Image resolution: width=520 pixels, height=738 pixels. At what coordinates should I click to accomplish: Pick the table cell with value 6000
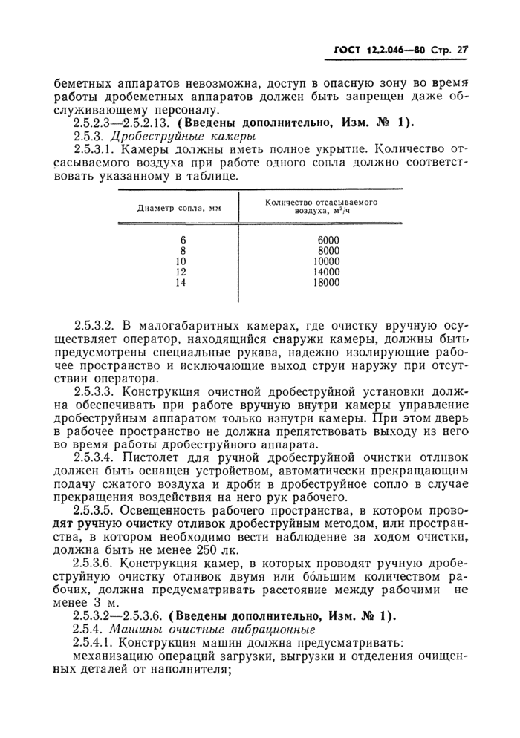tap(327, 240)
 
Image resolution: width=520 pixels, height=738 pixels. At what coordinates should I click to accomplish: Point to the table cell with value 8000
tap(327, 251)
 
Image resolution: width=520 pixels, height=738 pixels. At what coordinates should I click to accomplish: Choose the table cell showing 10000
tap(326, 261)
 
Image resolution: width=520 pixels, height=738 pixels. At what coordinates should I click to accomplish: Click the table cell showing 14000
tap(326, 272)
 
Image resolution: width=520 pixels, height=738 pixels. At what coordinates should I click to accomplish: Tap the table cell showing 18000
tap(326, 283)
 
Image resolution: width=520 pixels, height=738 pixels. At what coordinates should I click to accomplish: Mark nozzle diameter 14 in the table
tap(180, 283)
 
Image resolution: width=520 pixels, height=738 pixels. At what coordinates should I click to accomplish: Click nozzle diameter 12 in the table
tap(180, 272)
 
